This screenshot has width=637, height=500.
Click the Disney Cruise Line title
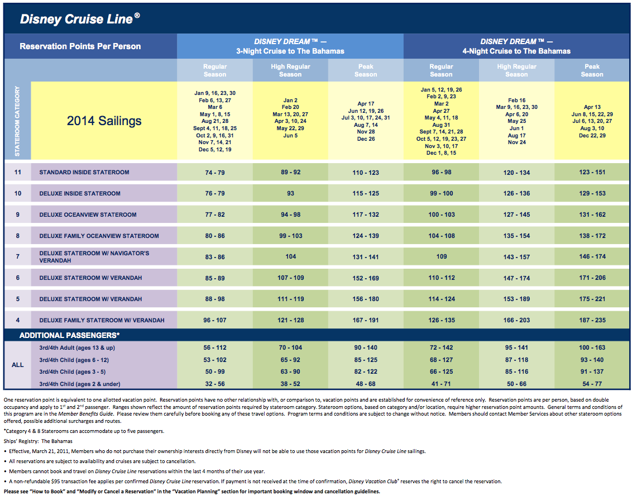(x=80, y=19)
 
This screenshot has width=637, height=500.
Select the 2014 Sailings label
(x=104, y=121)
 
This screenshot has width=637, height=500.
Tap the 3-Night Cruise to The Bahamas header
(x=290, y=51)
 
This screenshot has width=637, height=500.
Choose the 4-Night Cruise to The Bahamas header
(x=516, y=51)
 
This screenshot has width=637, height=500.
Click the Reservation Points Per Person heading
(x=80, y=46)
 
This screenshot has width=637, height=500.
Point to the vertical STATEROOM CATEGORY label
(x=17, y=121)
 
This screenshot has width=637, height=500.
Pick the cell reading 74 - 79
(x=215, y=173)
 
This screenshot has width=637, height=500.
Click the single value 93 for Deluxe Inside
(x=290, y=193)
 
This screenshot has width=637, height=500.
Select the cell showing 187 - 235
(x=592, y=320)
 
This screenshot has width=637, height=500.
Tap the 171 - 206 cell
(x=592, y=278)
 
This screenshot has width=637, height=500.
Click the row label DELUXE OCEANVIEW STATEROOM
(x=88, y=215)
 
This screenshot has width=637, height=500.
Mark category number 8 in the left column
(x=17, y=236)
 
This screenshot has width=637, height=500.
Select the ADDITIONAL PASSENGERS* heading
(x=69, y=335)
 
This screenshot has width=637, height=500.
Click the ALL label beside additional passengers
(x=17, y=365)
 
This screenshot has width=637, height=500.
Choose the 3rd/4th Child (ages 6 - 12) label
(x=74, y=360)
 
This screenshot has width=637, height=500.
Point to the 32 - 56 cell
(x=215, y=384)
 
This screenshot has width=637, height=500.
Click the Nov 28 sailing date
(x=366, y=132)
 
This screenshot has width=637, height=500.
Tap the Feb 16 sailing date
(x=517, y=101)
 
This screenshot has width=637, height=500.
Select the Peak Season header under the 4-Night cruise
(x=592, y=70)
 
